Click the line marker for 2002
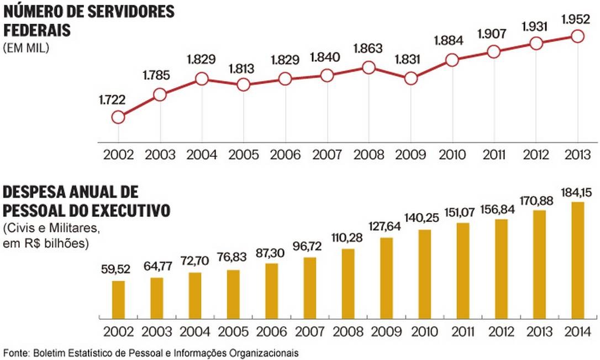click(x=118, y=117)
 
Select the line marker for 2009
click(x=410, y=78)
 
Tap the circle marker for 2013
click(x=577, y=36)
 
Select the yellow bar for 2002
click(x=118, y=300)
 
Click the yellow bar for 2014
click(x=578, y=261)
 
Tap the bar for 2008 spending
click(x=348, y=284)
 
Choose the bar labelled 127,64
click(x=387, y=278)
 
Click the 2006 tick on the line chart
click(x=285, y=154)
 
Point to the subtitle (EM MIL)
click(x=26, y=47)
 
